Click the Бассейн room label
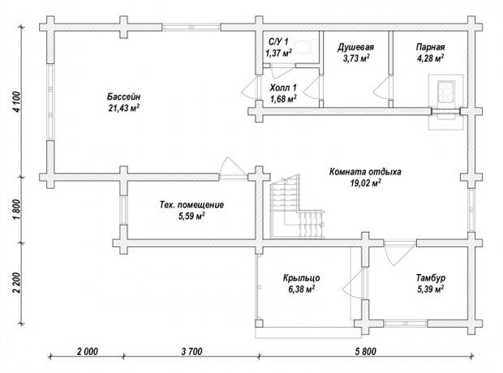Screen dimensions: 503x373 pyautogui.click(x=123, y=96)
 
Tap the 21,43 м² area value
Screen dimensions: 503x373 pyautogui.click(x=124, y=108)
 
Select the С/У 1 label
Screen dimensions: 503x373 pyautogui.click(x=278, y=41)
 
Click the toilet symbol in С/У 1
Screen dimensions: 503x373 pyautogui.click(x=306, y=48)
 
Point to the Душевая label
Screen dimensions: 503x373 pyautogui.click(x=355, y=48)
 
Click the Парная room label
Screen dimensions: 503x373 pyautogui.click(x=431, y=47)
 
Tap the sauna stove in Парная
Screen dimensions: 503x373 pyautogui.click(x=445, y=92)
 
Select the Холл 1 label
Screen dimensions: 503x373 pyautogui.click(x=283, y=88)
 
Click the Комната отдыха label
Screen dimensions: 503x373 pyautogui.click(x=365, y=172)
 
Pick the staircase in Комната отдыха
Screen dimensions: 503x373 pyautogui.click(x=296, y=208)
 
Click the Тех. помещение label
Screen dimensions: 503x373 pyautogui.click(x=191, y=205)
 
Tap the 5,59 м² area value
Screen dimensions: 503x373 pyautogui.click(x=191, y=217)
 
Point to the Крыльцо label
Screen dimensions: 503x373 pyautogui.click(x=301, y=278)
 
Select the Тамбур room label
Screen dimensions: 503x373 pyautogui.click(x=431, y=277)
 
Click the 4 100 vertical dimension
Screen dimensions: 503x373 pyautogui.click(x=16, y=101)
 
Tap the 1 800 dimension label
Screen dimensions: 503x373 pyautogui.click(x=16, y=209)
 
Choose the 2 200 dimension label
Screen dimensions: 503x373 pyautogui.click(x=16, y=282)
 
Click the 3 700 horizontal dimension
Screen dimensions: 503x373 pyautogui.click(x=191, y=351)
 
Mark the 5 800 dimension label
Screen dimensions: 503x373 pyautogui.click(x=366, y=351)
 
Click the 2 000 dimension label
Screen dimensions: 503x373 pyautogui.click(x=88, y=351)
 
